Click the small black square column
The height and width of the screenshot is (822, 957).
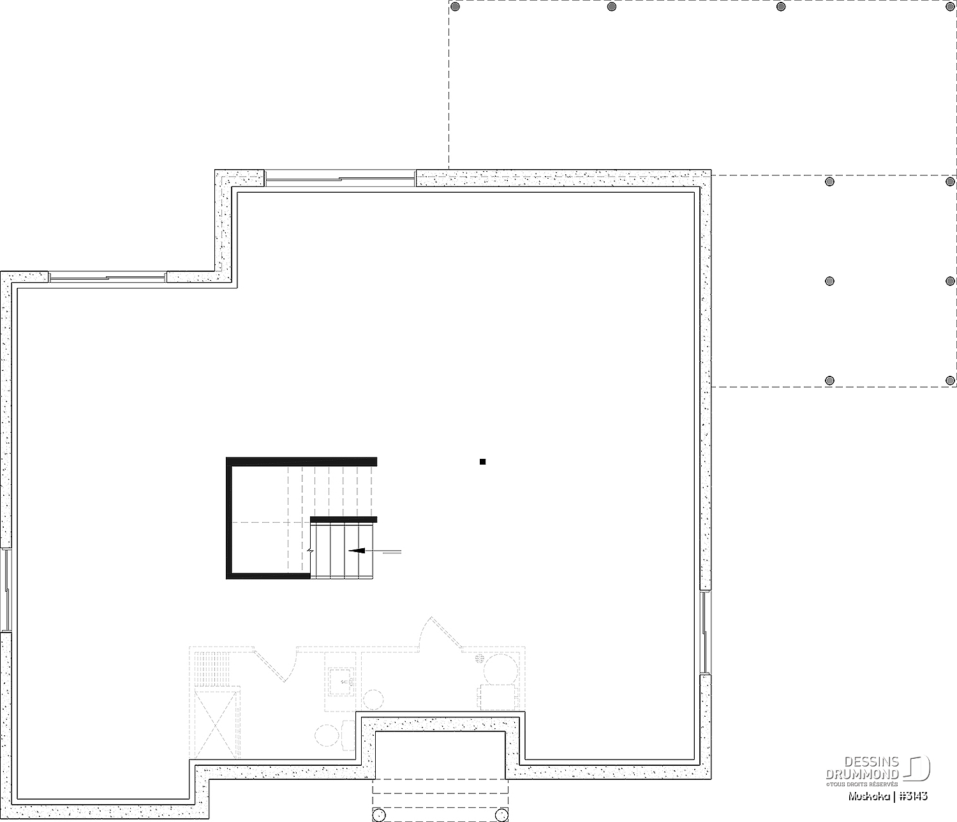tap(482, 461)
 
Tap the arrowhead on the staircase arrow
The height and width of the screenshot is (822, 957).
tap(357, 551)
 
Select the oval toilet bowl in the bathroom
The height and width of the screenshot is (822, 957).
tap(327, 735)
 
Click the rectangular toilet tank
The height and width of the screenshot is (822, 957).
tap(348, 735)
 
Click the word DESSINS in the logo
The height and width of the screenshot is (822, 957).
tap(872, 762)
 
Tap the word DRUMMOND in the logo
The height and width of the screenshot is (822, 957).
tap(863, 774)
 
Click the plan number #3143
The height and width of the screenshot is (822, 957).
tap(914, 796)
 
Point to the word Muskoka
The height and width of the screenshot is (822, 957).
tap(869, 796)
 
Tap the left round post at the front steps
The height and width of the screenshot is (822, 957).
tap(379, 815)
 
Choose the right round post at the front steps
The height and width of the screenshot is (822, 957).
tap(501, 815)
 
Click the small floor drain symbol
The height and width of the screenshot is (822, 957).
tap(480, 658)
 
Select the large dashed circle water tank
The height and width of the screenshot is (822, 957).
tap(500, 669)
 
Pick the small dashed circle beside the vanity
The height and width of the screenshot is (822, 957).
tap(373, 699)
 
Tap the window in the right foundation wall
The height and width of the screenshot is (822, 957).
tap(704, 632)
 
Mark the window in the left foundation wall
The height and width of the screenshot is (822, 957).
tap(6, 590)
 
